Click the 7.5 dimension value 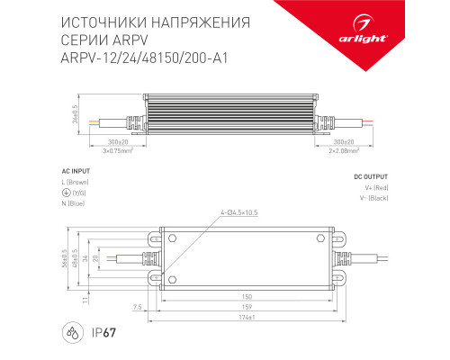137,306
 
